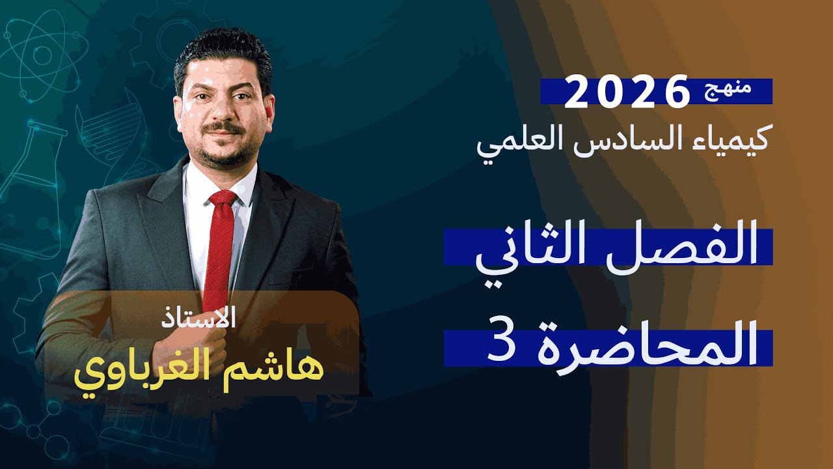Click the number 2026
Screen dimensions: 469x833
tap(626, 92)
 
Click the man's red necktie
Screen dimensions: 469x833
tap(219, 254)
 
